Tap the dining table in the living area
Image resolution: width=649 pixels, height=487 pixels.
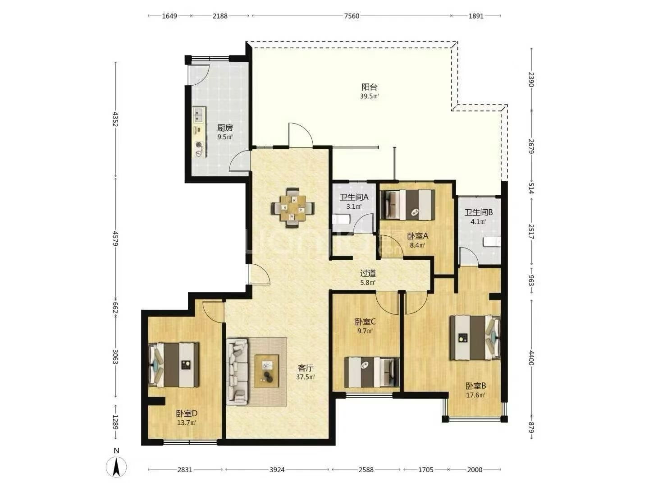pyautogui.click(x=293, y=208)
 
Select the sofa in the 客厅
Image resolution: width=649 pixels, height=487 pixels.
pyautogui.click(x=237, y=372)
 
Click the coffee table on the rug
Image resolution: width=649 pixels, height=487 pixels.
pyautogui.click(x=266, y=371)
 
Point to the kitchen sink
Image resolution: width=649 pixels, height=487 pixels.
pyautogui.click(x=199, y=115)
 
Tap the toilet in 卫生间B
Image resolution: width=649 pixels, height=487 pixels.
pyautogui.click(x=492, y=242)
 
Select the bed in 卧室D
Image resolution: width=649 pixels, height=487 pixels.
pyautogui.click(x=174, y=365)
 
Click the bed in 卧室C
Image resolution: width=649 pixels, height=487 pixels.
pyautogui.click(x=372, y=372)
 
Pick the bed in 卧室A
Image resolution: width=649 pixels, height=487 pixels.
pyautogui.click(x=407, y=205)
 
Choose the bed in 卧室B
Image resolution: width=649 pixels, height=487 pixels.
pyautogui.click(x=475, y=337)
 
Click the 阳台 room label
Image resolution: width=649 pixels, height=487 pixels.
pyautogui.click(x=370, y=87)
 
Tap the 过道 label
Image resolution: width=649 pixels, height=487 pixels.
pyautogui.click(x=368, y=274)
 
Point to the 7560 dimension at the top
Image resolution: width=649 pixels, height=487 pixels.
pyautogui.click(x=352, y=16)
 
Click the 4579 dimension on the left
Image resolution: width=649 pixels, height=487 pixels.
pyautogui.click(x=115, y=239)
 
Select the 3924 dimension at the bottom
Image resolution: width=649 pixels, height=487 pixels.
pyautogui.click(x=277, y=469)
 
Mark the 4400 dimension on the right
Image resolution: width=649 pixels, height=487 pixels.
pyautogui.click(x=531, y=358)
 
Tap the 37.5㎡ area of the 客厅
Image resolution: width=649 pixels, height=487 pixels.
pyautogui.click(x=306, y=377)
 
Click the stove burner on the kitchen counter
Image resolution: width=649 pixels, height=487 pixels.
pyautogui.click(x=199, y=145)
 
